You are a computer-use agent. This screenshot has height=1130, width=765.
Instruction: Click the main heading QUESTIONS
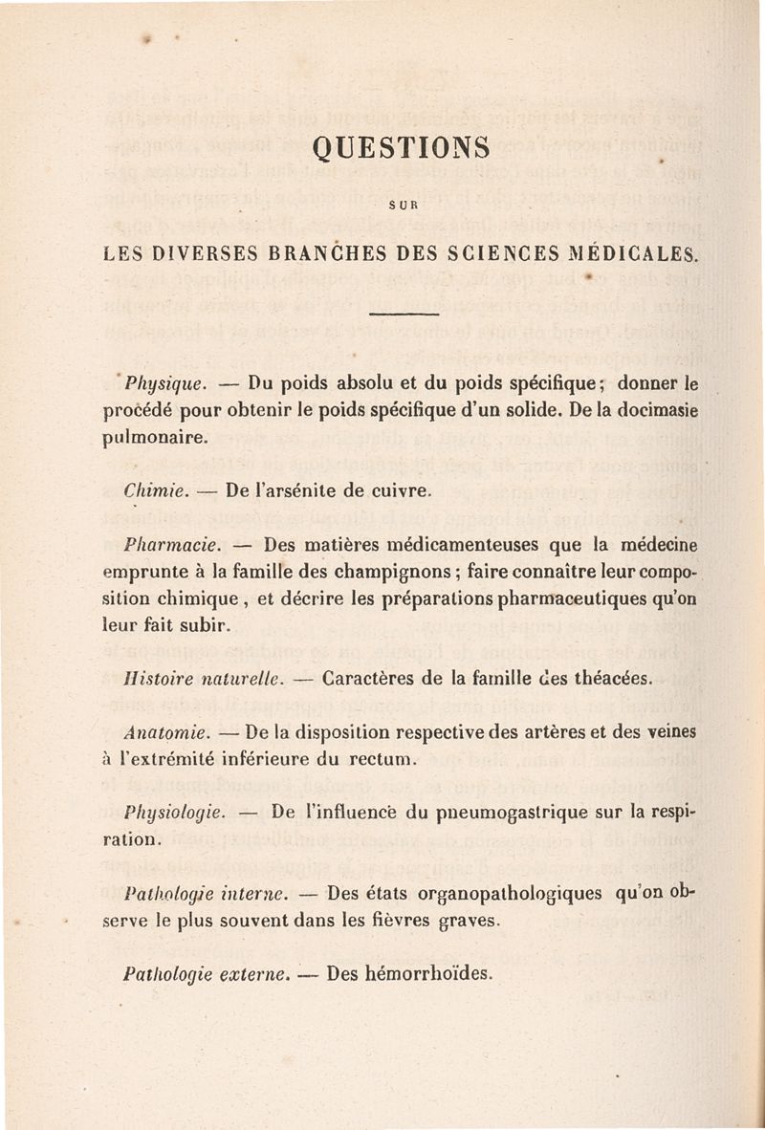coord(401,147)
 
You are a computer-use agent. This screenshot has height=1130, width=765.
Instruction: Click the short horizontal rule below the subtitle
coord(403,314)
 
